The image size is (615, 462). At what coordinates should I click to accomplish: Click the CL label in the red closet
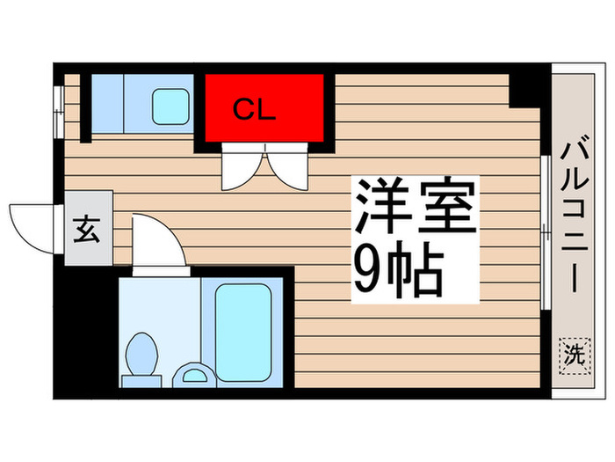coord(254,112)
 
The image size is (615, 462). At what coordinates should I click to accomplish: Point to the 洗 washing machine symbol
coord(572,355)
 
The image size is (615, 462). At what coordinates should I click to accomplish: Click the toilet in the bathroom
coord(141,355)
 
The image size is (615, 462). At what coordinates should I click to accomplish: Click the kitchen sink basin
coord(170,106)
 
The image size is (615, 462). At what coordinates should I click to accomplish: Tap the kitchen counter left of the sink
coord(108,105)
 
